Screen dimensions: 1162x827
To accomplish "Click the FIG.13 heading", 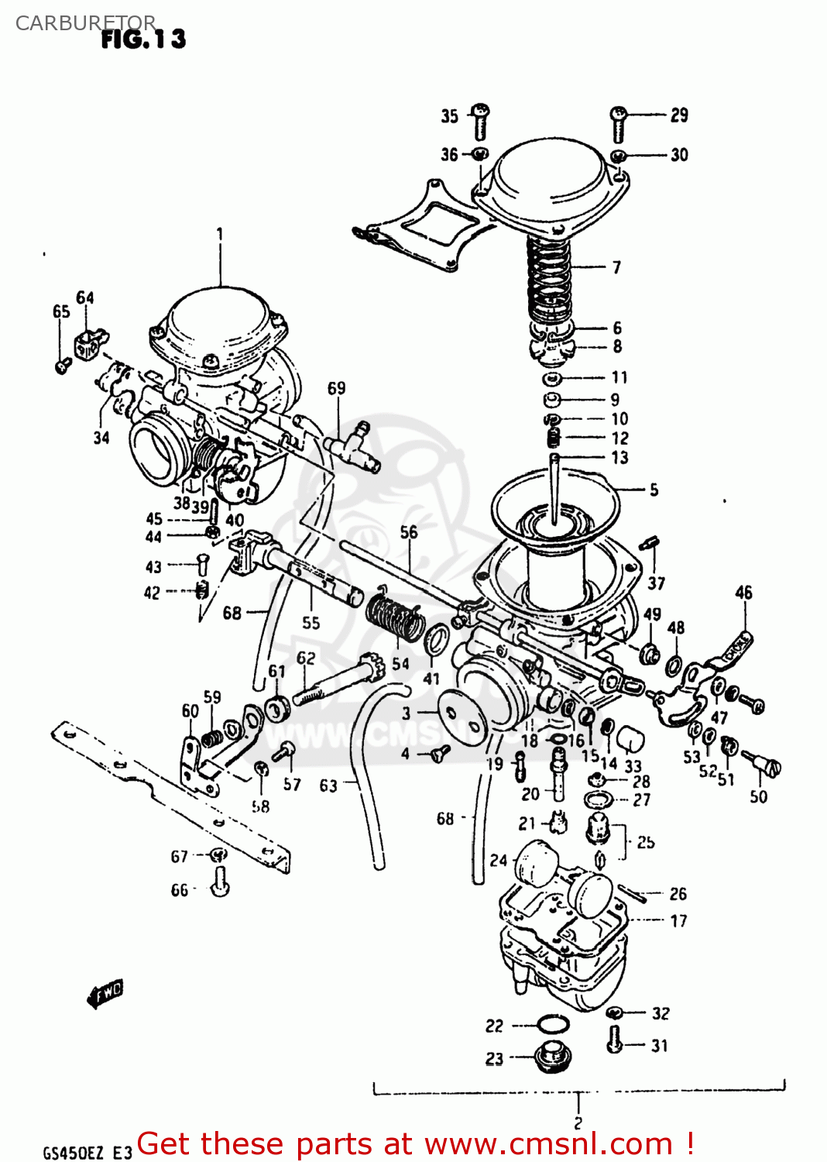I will (x=143, y=39).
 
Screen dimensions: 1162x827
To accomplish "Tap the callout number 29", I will (x=678, y=115).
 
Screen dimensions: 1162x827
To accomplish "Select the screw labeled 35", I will (x=480, y=120).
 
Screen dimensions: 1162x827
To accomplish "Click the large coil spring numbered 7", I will (x=549, y=279).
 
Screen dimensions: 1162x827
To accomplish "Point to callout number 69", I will (x=336, y=388).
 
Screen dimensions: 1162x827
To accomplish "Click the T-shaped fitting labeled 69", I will (x=353, y=447).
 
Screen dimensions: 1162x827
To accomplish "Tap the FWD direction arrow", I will (x=105, y=993).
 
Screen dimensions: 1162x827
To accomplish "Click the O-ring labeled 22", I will (x=551, y=1025).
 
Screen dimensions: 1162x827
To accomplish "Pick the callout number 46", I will (x=743, y=593).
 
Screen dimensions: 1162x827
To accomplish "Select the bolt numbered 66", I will (x=220, y=882).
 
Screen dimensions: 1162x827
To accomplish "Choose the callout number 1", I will (x=220, y=233).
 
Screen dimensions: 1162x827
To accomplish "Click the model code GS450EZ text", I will (x=73, y=1153).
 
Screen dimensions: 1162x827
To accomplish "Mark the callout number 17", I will (x=678, y=921).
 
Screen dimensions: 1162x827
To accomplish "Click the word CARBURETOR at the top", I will (x=85, y=23).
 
